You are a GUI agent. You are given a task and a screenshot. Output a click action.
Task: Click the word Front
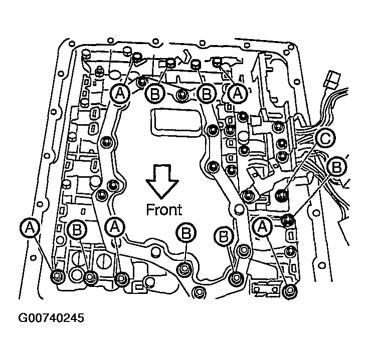click(x=164, y=209)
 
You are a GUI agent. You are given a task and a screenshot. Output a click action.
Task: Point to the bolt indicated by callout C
click(x=282, y=193)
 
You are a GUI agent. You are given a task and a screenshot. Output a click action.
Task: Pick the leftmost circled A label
click(x=31, y=228)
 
